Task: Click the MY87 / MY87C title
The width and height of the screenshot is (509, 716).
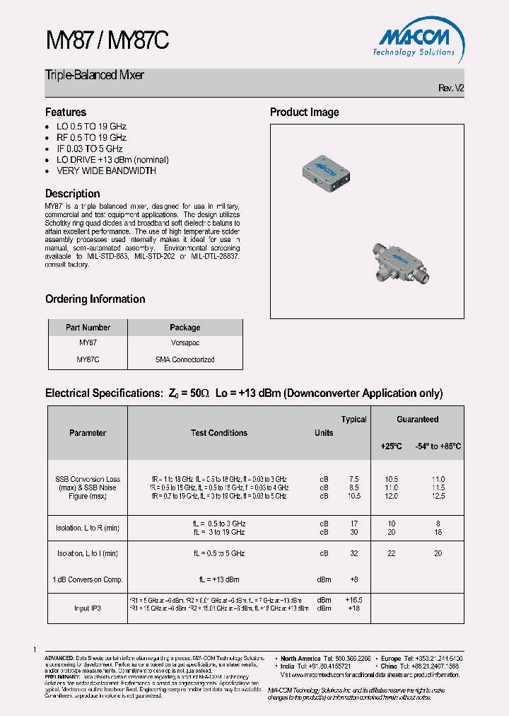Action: (107, 41)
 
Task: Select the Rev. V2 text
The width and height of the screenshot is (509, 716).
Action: (450, 88)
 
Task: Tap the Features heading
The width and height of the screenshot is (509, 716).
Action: (66, 112)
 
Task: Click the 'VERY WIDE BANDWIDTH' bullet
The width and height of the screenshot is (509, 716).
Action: (106, 171)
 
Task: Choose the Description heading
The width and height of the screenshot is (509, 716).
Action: (72, 193)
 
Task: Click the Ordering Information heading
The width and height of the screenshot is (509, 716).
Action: (95, 299)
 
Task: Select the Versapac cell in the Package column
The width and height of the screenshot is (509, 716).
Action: (185, 342)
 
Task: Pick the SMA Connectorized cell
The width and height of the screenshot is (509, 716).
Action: (185, 359)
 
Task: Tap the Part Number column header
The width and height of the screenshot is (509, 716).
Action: (88, 328)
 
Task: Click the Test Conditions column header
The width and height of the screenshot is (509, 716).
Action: (219, 433)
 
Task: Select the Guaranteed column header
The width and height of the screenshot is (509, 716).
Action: (417, 420)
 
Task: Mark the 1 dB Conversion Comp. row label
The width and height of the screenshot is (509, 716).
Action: (88, 579)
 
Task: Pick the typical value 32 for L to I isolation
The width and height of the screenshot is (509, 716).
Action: (354, 553)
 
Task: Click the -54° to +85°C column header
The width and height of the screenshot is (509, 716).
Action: (438, 446)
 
